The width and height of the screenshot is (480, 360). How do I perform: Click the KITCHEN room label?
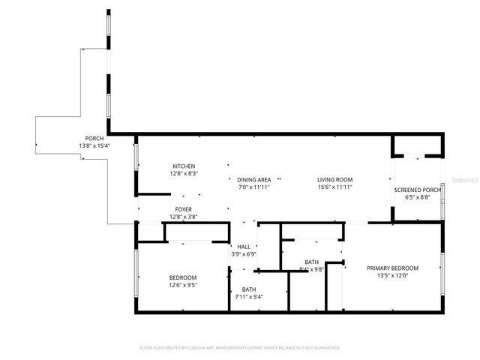click(184, 166)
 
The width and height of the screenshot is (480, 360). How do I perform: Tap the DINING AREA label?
click(253, 179)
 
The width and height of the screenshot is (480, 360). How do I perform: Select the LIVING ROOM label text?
click(334, 179)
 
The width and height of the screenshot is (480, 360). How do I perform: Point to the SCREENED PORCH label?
click(417, 190)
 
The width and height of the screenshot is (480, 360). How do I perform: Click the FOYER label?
click(184, 209)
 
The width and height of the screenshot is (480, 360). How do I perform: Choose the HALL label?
click(244, 247)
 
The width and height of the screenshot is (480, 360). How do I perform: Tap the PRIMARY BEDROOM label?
click(392, 268)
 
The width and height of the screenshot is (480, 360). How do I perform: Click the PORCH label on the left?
click(94, 138)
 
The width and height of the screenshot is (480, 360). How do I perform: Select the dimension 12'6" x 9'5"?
click(183, 285)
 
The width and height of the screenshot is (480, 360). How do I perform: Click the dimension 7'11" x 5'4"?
click(248, 296)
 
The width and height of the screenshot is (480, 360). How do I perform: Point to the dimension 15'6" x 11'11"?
click(334, 187)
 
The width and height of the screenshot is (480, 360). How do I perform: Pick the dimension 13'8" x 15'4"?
click(94, 145)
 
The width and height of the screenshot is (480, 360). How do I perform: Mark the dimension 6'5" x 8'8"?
click(417, 197)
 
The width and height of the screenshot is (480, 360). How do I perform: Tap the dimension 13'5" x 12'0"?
click(392, 275)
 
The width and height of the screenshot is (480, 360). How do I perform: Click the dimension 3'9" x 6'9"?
click(244, 254)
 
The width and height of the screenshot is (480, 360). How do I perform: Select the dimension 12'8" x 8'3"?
click(184, 173)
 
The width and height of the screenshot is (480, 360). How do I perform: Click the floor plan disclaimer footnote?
click(240, 348)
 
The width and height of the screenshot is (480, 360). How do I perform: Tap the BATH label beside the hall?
click(248, 289)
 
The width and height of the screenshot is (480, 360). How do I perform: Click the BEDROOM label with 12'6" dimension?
click(183, 277)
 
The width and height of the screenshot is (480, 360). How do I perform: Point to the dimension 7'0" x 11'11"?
click(253, 187)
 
